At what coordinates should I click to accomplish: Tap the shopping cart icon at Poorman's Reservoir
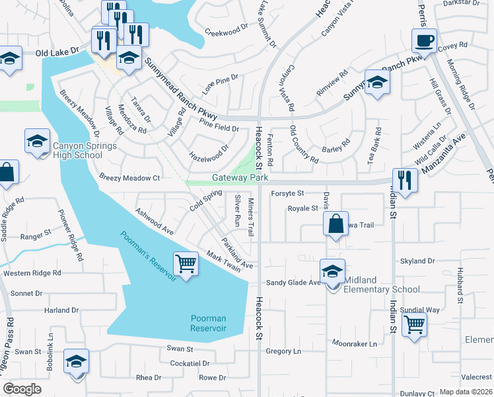coord(186,265)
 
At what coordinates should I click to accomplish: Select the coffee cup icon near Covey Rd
coord(424,41)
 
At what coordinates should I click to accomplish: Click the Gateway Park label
coord(240,178)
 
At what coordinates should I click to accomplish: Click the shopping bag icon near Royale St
coord(335,224)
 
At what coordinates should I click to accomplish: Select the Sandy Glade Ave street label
coord(293,283)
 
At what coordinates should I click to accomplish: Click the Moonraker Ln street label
coord(355,343)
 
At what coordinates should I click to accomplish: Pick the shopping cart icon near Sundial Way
coord(414,325)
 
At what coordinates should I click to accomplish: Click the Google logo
coord(22,389)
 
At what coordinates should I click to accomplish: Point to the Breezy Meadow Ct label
coord(130,178)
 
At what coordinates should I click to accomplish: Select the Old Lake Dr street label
coord(57,51)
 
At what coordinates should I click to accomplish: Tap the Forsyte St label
coord(287,193)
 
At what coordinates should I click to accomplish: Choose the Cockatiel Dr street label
coord(190,363)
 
